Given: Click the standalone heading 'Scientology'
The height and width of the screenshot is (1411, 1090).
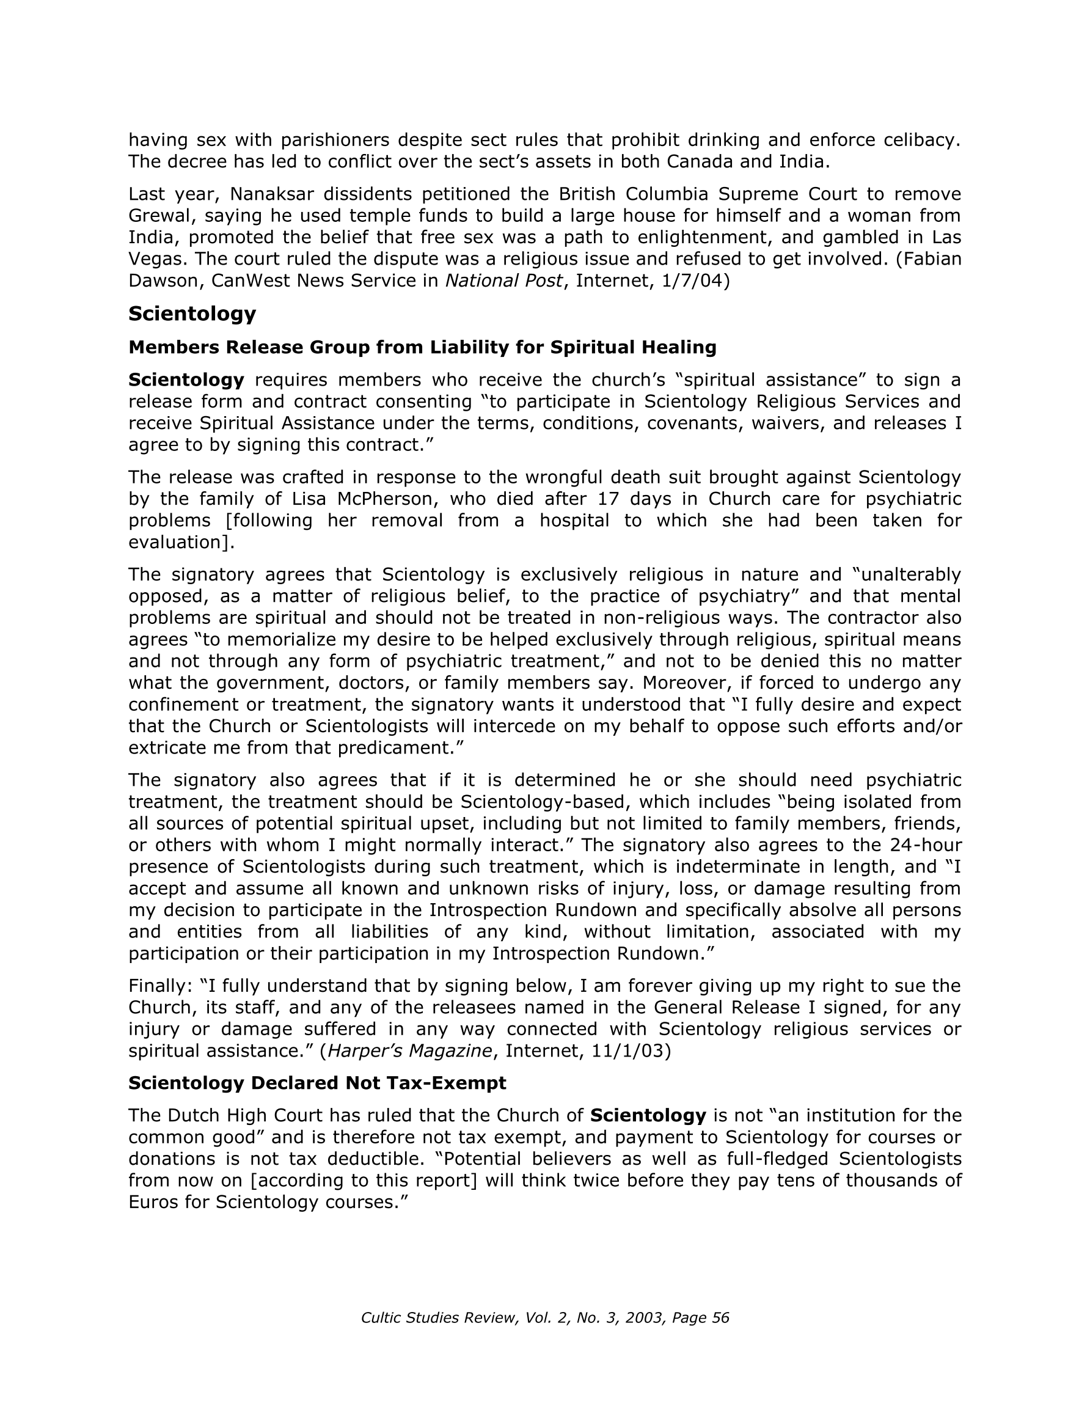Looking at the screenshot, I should click(x=192, y=314).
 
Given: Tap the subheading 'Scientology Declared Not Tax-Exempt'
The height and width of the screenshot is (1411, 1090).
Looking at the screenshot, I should click(x=316, y=1083).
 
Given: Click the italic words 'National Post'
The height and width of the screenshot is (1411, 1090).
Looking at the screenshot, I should click(x=503, y=281).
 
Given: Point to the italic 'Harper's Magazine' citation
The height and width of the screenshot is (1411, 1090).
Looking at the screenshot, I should click(x=409, y=1050).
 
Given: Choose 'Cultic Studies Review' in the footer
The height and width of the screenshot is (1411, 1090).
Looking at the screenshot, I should click(x=438, y=1318).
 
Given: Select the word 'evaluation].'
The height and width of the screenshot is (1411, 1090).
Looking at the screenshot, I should click(x=181, y=542).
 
